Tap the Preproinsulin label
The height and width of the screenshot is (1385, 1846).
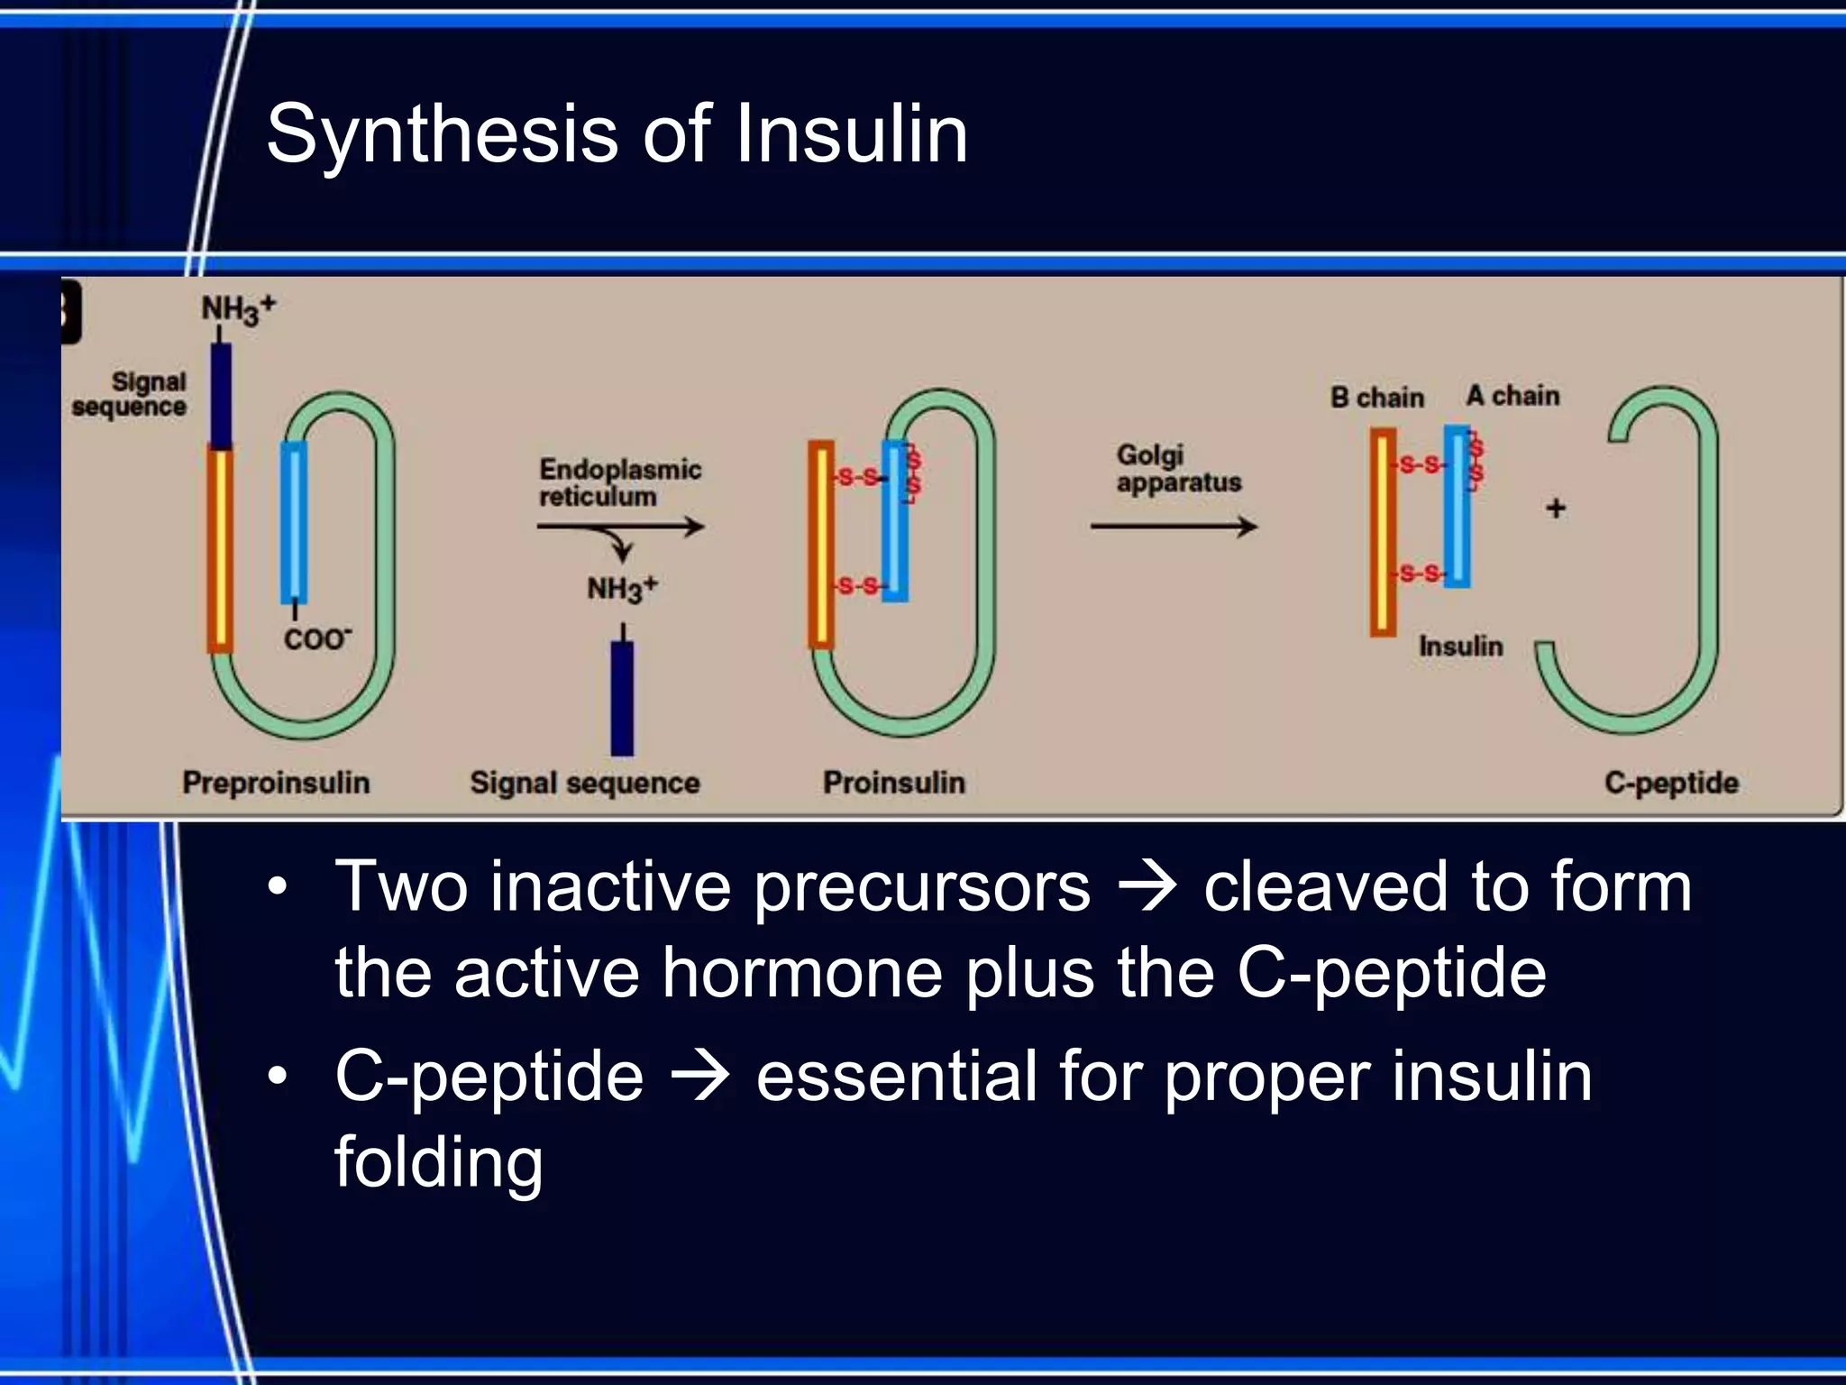(x=276, y=782)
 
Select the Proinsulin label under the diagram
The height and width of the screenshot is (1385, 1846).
(x=893, y=782)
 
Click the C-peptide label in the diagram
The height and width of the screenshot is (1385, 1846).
(x=1670, y=782)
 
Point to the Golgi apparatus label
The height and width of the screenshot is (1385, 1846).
(x=1178, y=468)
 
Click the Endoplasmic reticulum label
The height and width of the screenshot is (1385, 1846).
(x=619, y=482)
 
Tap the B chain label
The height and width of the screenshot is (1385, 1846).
(x=1376, y=397)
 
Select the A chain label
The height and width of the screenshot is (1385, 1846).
(x=1512, y=395)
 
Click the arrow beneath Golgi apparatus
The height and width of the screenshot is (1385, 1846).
(x=1173, y=527)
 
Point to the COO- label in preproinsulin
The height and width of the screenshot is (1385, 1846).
(x=316, y=639)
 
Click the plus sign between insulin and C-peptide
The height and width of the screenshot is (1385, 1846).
(x=1555, y=509)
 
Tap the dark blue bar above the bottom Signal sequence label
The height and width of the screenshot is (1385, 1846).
(x=622, y=698)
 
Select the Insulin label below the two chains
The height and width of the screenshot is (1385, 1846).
(x=1460, y=646)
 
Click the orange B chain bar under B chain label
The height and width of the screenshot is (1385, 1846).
(x=1383, y=532)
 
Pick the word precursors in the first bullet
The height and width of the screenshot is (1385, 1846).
(x=921, y=887)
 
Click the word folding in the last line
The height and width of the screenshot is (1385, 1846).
(x=438, y=1162)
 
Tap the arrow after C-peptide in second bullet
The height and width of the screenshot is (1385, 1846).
(x=699, y=1077)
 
